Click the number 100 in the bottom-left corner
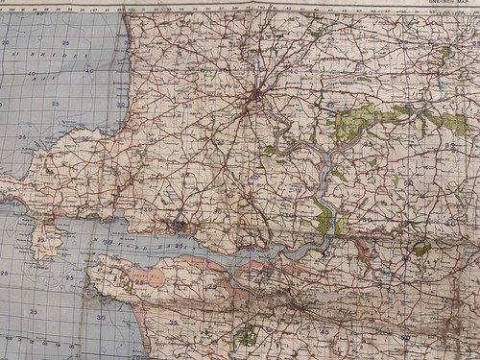pyautogui.click(x=9, y=338)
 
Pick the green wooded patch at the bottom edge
pyautogui.click(x=248, y=336)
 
